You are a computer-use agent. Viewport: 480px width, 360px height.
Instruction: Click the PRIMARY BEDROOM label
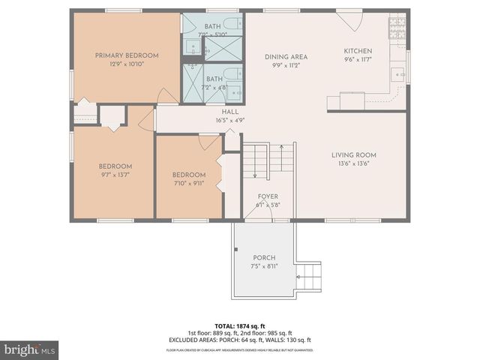click(x=127, y=55)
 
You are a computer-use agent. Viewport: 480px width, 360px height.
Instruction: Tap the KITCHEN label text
click(x=358, y=50)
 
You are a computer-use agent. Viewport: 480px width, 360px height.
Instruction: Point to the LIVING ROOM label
click(x=354, y=155)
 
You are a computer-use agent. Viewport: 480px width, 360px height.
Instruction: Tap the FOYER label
click(x=267, y=196)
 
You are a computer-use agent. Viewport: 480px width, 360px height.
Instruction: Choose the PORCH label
click(x=264, y=256)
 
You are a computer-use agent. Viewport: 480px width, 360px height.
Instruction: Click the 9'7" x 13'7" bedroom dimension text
click(x=115, y=175)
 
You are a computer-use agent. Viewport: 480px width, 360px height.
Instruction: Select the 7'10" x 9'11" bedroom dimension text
click(x=189, y=183)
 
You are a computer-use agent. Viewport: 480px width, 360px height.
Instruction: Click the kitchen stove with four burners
click(x=396, y=28)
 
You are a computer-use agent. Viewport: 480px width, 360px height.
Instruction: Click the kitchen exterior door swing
click(x=351, y=20)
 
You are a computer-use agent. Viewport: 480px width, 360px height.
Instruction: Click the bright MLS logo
click(x=30, y=349)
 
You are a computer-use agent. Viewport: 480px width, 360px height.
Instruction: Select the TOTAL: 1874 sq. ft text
click(x=239, y=326)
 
